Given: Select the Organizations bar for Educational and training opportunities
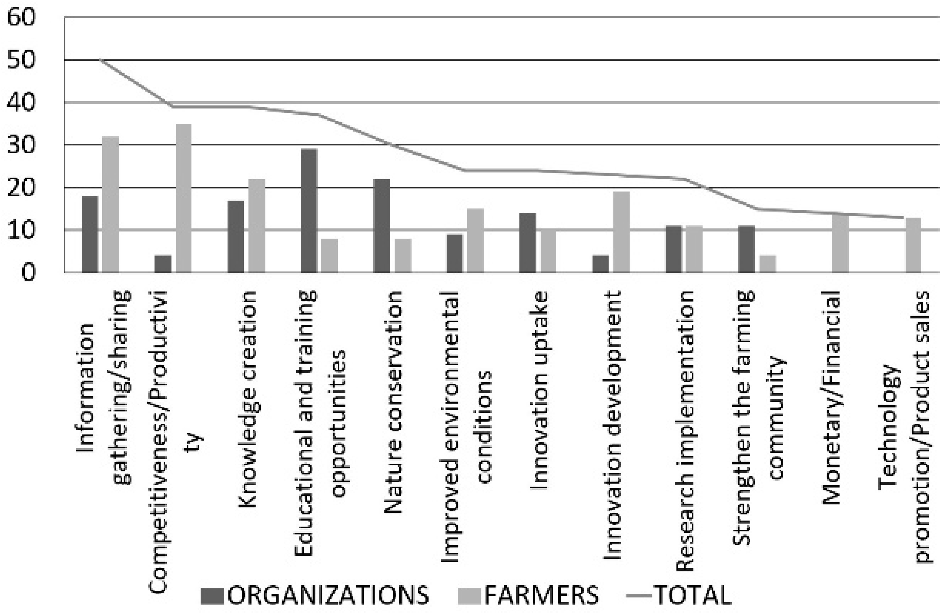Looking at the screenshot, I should coord(309,211).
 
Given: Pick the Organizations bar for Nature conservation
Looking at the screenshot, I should coord(382,226).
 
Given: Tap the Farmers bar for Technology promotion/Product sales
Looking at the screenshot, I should coord(913,245).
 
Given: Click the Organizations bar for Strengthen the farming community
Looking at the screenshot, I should coord(746,249).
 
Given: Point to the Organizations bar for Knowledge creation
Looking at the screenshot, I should coord(236,236).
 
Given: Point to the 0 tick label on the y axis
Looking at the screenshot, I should coord(28,273).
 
